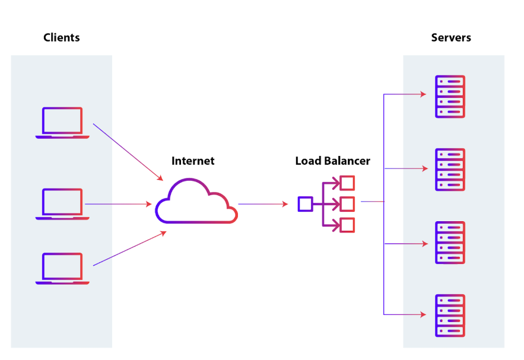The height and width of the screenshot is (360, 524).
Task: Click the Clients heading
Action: (x=62, y=38)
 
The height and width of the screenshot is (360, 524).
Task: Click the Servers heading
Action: (x=451, y=38)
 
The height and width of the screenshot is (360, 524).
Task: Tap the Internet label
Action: (x=193, y=161)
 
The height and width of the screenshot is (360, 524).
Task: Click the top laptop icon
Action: (x=62, y=123)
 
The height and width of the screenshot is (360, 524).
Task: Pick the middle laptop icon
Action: (x=62, y=204)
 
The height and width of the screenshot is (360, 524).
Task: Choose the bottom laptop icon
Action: (x=62, y=268)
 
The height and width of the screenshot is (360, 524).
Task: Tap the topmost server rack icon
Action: (x=450, y=96)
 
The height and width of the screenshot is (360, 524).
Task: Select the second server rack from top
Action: (x=450, y=170)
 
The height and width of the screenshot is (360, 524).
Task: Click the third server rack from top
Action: (x=450, y=243)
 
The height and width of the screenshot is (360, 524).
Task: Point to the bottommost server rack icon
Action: (x=450, y=316)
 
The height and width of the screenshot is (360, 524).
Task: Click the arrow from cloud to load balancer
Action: (x=263, y=204)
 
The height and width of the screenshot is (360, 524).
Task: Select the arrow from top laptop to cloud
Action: (x=128, y=152)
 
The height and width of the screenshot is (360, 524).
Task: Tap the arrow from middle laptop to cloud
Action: (x=118, y=204)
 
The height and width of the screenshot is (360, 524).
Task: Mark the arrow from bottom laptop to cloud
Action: (x=129, y=249)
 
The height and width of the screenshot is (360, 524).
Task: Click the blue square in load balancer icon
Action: (x=305, y=204)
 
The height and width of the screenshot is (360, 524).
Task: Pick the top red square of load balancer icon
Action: (x=348, y=182)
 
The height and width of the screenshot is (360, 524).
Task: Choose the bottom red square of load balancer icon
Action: (x=348, y=225)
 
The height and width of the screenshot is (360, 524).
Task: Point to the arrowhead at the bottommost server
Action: (x=424, y=314)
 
